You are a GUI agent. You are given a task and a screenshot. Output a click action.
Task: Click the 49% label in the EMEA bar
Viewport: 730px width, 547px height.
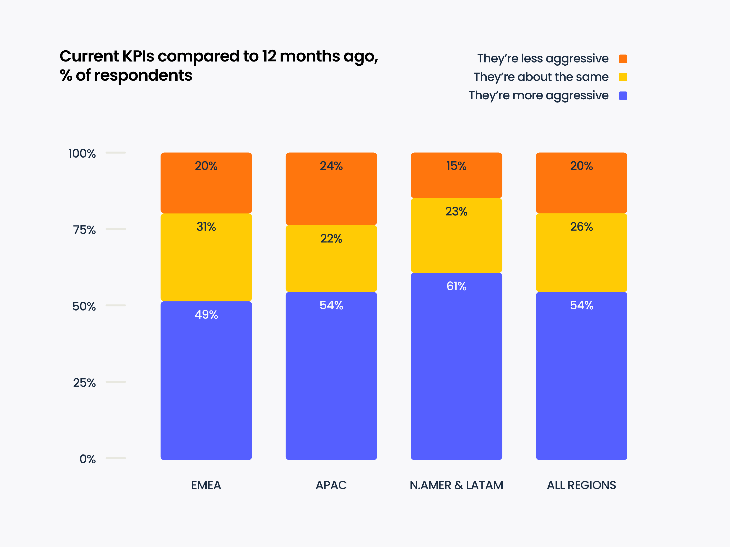(206, 315)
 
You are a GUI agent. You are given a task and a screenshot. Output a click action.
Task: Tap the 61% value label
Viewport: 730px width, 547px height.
(456, 286)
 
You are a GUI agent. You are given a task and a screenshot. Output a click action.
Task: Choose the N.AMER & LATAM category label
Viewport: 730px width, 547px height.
(456, 485)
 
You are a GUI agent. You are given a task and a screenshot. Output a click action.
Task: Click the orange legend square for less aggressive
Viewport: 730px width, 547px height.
(623, 59)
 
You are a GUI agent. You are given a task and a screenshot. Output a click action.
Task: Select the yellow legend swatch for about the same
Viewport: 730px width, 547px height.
(623, 77)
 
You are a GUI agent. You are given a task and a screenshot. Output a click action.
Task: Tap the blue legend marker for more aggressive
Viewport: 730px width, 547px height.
(623, 96)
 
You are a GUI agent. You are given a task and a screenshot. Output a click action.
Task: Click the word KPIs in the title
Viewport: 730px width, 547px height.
(138, 56)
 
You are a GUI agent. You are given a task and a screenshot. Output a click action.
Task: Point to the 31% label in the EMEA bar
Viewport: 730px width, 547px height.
(206, 227)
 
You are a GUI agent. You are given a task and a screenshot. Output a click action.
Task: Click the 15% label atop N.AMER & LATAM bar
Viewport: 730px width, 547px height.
(456, 166)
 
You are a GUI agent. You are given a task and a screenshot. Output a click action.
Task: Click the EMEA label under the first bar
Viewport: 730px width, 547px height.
(206, 485)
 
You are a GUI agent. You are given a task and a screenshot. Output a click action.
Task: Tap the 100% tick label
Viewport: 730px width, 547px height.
(82, 154)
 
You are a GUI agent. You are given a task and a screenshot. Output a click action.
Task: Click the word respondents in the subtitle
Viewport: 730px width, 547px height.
(143, 75)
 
